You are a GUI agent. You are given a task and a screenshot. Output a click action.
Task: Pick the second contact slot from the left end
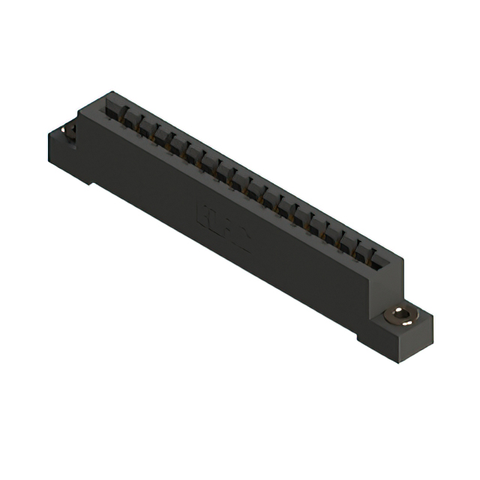click(x=128, y=120)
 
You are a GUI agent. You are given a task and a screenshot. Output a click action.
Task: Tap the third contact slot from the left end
click(x=144, y=128)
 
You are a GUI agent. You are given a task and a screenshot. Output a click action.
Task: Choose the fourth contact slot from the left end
click(x=160, y=137)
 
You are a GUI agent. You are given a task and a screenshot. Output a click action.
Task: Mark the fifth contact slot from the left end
click(x=175, y=145)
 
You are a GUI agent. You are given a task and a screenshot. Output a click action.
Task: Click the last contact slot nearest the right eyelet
click(x=382, y=259)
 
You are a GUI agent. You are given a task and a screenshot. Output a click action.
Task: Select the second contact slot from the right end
click(x=366, y=250)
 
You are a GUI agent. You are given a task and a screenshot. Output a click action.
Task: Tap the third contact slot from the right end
click(x=350, y=241)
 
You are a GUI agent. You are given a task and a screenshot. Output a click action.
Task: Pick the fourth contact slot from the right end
click(x=334, y=233)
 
